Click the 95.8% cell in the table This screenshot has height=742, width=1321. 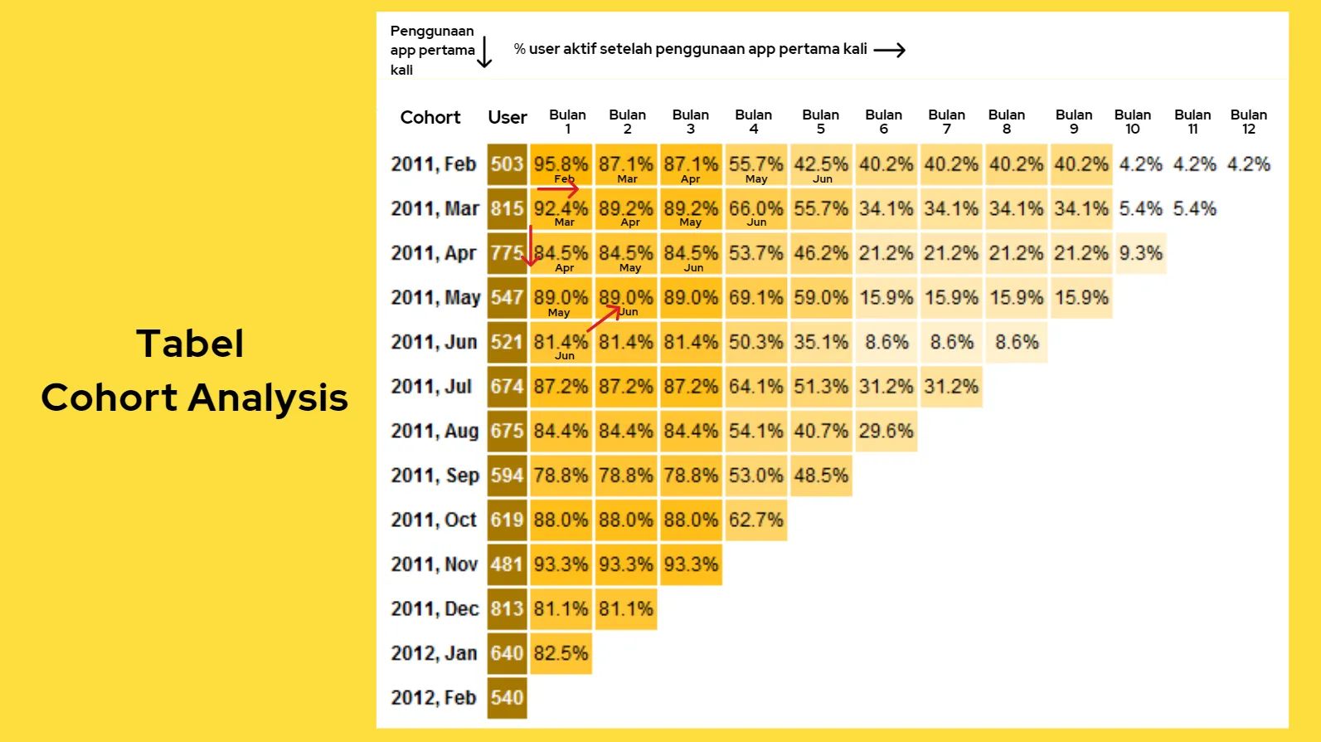click(x=561, y=164)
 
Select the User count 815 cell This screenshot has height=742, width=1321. click(x=507, y=208)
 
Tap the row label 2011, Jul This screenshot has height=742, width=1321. click(x=431, y=387)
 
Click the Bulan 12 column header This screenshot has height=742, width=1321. click(x=1248, y=121)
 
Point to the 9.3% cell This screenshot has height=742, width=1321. click(x=1140, y=253)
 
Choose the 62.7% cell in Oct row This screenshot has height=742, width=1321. click(x=755, y=520)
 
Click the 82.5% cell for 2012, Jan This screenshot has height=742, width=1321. click(x=561, y=653)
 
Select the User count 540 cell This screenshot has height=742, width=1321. click(x=507, y=698)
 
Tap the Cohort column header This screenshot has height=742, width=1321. click(x=430, y=118)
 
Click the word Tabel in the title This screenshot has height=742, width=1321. click(x=191, y=344)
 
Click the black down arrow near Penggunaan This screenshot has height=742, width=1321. click(x=485, y=51)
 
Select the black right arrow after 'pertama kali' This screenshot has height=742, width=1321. click(x=889, y=50)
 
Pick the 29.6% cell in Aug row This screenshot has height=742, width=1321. click(x=886, y=431)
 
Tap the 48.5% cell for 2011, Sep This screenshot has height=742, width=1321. click(x=821, y=476)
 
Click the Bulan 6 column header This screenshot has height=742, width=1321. click(x=883, y=121)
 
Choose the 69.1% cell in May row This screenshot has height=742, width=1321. click(x=755, y=298)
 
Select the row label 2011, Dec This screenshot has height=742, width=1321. click(x=435, y=609)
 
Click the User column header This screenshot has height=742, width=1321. click(x=508, y=118)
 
